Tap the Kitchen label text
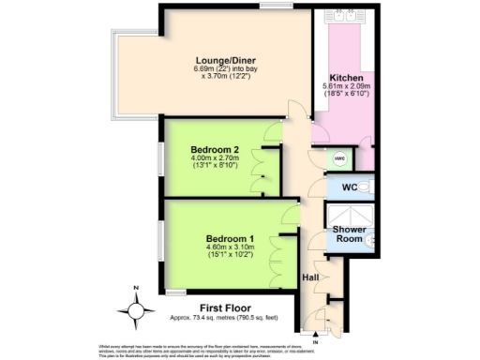pyautogui.click(x=346, y=77)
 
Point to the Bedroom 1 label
pyautogui.click(x=232, y=239)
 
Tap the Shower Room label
pyautogui.click(x=349, y=234)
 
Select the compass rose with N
pyautogui.click(x=138, y=307)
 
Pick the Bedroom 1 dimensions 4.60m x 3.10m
pyautogui.click(x=232, y=251)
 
